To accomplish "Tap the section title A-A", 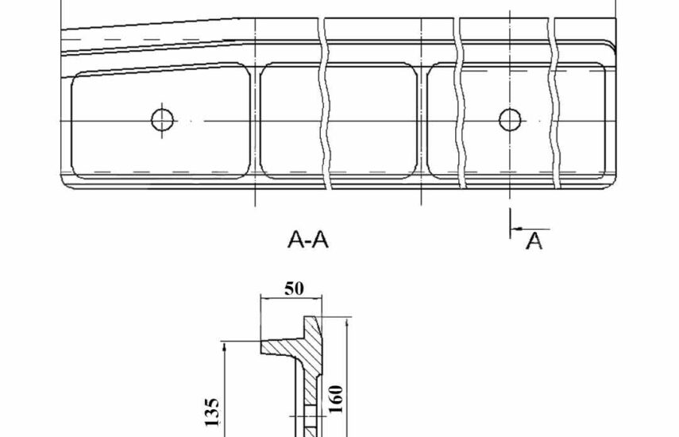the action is [x=308, y=239].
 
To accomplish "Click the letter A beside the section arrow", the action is [x=534, y=241].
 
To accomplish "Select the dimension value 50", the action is [x=294, y=288].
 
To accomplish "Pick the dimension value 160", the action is [x=337, y=399].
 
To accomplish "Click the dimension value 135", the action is [x=212, y=412].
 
